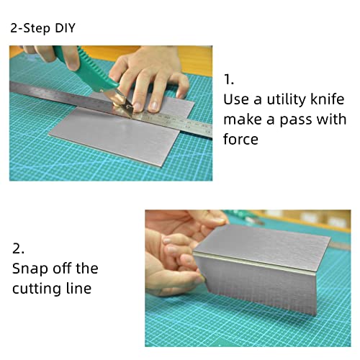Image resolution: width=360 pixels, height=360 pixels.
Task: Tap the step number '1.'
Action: coord(229,80)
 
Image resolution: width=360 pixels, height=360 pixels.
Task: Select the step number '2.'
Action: coord(19,248)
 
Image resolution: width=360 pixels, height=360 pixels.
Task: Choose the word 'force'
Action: coord(240,138)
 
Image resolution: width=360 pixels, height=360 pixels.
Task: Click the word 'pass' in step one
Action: coord(294,119)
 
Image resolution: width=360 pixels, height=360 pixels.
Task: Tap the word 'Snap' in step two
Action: coord(30,269)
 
